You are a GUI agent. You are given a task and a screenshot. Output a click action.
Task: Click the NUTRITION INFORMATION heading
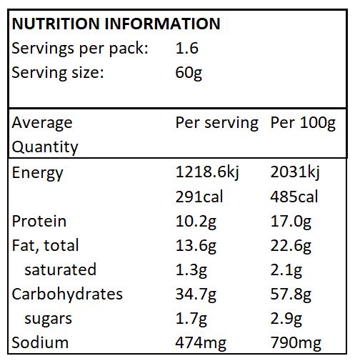pos(116,24)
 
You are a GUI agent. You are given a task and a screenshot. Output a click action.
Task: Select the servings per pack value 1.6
pos(186,49)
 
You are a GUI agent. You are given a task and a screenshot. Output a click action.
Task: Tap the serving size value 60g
pos(189,73)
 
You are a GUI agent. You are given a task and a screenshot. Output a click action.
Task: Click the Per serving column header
pos(216,122)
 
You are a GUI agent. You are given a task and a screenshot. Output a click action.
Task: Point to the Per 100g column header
pos(303,122)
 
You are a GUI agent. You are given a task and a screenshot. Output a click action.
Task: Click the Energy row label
pos(38,173)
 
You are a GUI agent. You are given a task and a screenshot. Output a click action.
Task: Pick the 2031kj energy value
pos(294,172)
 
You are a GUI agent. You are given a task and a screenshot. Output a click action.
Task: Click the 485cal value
pos(294,197)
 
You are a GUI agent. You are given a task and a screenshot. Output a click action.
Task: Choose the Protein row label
pos(39,221)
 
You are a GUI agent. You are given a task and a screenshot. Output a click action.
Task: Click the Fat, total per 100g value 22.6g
pos(291,245)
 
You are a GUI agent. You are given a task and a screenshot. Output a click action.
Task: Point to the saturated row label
pos(60,269)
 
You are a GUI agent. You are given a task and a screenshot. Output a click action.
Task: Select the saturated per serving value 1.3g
pos(191,269)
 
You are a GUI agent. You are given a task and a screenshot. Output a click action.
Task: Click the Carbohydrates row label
pos(67,294)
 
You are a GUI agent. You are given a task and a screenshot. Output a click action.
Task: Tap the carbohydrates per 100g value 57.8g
pos(291,294)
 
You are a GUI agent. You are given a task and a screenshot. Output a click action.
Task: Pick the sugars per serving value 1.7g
pos(191,318)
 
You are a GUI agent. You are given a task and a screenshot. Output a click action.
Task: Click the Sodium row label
pos(40,342)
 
